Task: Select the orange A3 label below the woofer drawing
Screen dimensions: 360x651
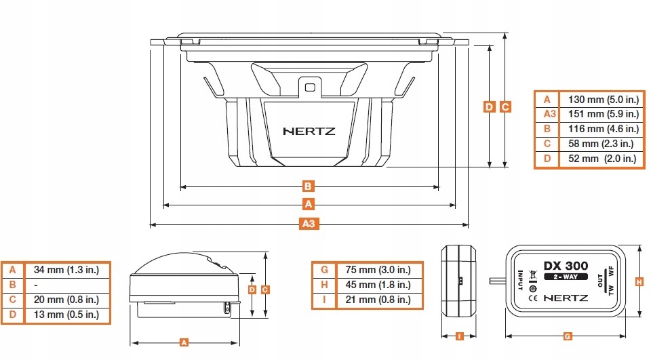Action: (309, 223)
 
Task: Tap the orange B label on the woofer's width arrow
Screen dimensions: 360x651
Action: (308, 185)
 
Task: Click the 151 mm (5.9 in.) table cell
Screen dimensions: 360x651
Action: (599, 114)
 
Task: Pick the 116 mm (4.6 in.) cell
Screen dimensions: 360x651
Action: (599, 129)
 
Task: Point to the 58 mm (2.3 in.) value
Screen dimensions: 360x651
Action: (599, 144)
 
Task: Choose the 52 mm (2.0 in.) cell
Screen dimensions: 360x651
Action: (599, 159)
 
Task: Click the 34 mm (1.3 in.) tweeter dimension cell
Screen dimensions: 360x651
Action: (66, 270)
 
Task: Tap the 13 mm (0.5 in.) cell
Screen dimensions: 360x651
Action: (66, 315)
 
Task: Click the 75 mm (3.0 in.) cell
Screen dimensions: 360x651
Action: (378, 270)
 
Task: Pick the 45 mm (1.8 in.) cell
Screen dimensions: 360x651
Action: (378, 285)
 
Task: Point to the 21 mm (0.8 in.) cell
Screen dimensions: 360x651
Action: (378, 300)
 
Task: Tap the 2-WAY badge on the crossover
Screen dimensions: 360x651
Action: (564, 276)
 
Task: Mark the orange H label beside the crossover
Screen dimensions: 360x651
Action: (638, 281)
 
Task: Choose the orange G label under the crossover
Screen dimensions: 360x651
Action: (567, 335)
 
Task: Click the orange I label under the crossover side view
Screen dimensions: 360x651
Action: (459, 335)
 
